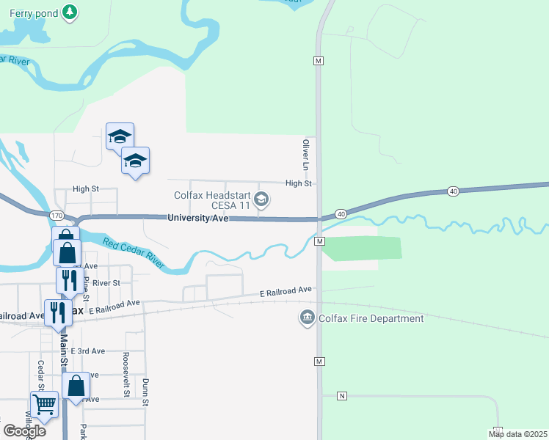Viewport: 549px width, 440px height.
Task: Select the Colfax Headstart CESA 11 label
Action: click(x=212, y=200)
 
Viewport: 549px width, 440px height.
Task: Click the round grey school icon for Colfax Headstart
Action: click(x=261, y=199)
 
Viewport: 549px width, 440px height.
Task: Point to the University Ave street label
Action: click(x=198, y=219)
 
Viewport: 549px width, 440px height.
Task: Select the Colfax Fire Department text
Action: click(x=371, y=318)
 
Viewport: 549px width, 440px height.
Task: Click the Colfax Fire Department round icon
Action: click(x=307, y=318)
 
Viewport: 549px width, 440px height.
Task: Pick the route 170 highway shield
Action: click(x=57, y=216)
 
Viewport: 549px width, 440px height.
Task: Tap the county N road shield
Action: click(x=341, y=396)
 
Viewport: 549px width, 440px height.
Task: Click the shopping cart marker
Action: click(x=44, y=403)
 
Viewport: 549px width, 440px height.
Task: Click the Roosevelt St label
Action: click(x=126, y=384)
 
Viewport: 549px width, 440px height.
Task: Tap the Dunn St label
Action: click(x=145, y=392)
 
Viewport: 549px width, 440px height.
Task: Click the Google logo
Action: click(x=24, y=431)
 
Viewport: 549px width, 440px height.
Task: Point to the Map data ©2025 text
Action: click(x=517, y=434)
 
